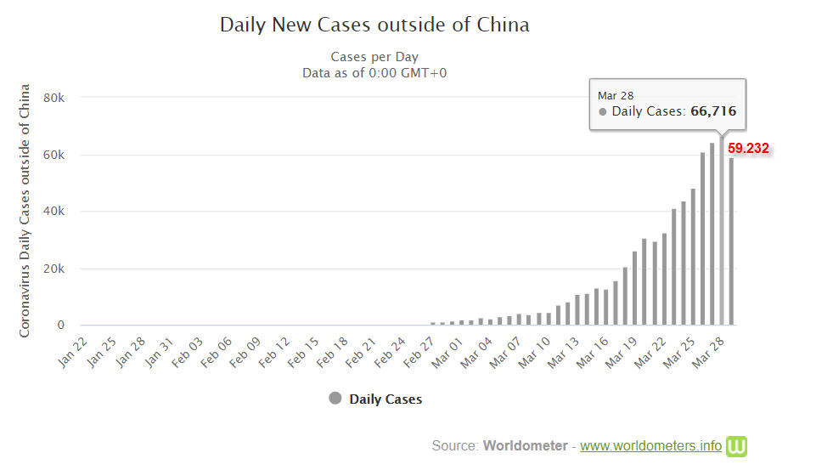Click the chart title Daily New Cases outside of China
(x=374, y=25)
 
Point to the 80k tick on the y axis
(x=53, y=98)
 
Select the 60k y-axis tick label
(x=53, y=155)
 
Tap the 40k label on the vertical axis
(x=53, y=212)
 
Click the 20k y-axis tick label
(x=53, y=269)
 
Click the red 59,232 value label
(x=748, y=149)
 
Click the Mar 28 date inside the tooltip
(x=616, y=96)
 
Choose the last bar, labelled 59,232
(x=731, y=241)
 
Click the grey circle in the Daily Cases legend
(x=335, y=399)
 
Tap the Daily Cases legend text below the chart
(x=385, y=399)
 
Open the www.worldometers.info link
(x=650, y=445)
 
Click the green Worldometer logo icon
(x=736, y=445)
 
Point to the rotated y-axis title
(x=25, y=210)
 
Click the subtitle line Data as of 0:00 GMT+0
(x=374, y=73)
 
